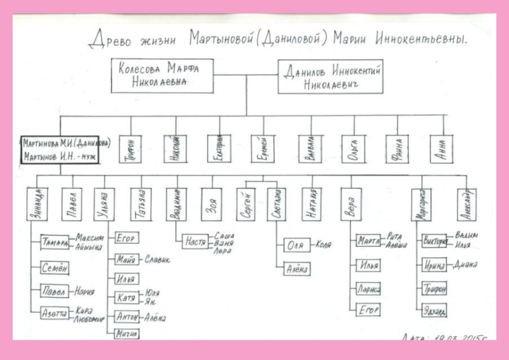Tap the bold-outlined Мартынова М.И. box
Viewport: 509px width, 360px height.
coord(59,149)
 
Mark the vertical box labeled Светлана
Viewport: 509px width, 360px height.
coord(275,204)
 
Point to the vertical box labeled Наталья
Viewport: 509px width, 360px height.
coord(309,203)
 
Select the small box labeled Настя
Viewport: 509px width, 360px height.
coord(195,242)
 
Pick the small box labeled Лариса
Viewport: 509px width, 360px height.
coord(368,290)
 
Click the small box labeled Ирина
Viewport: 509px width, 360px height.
coord(433,265)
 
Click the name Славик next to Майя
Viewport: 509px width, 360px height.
coord(158,259)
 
